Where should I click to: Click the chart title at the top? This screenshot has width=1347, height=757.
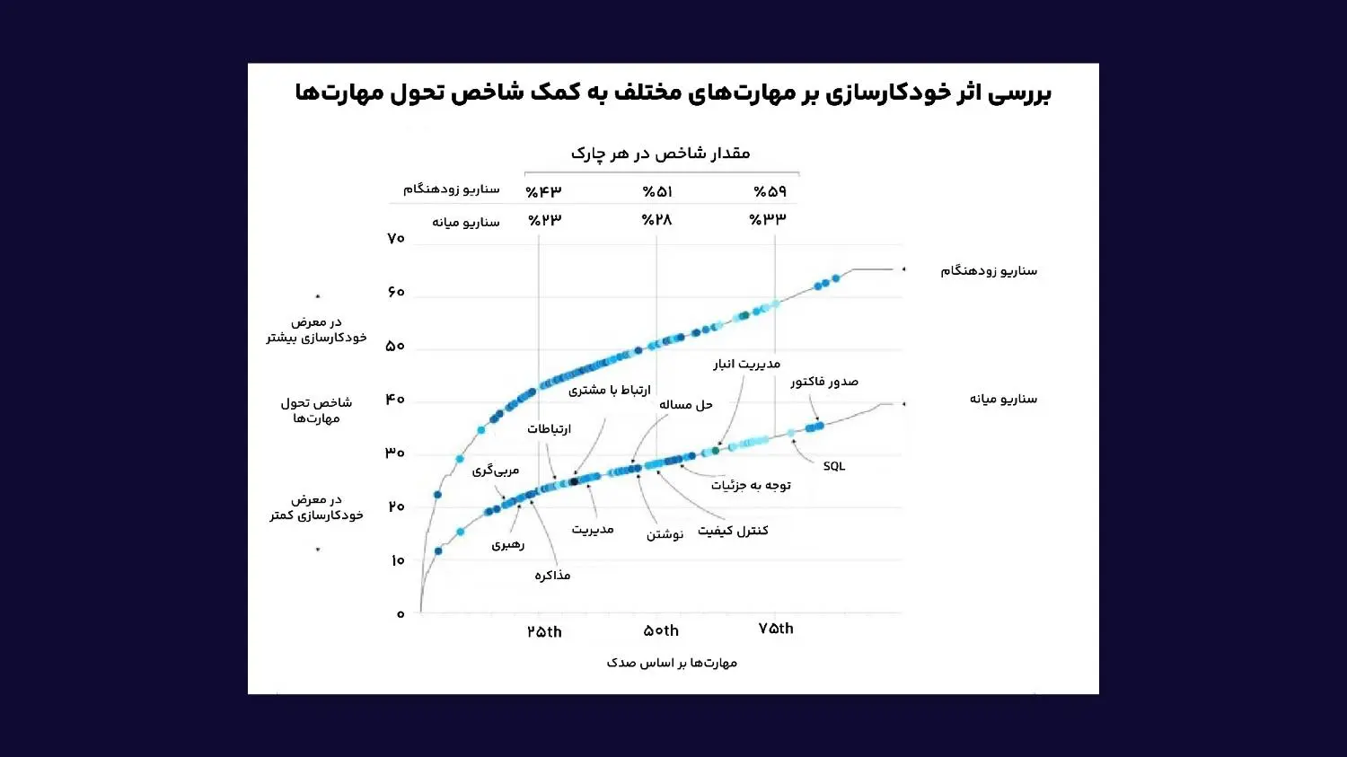coord(673,93)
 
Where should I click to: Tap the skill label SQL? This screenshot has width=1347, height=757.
coord(833,466)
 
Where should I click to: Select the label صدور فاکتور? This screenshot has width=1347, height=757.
coord(823,382)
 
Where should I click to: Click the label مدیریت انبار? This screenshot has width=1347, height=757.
coord(746,364)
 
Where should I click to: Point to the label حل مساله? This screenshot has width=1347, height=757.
coord(685,405)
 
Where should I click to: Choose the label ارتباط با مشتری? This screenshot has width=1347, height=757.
coord(609,390)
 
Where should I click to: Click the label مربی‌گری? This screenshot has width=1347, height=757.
coord(496,470)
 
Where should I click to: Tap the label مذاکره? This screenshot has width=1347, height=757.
coord(552,576)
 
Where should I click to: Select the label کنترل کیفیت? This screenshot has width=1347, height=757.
coord(733,531)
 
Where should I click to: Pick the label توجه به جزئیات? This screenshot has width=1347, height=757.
coord(751,486)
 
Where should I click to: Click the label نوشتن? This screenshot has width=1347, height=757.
coord(665,534)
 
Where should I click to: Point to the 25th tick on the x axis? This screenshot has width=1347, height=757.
coord(544,632)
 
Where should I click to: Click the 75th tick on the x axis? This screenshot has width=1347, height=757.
coord(776,629)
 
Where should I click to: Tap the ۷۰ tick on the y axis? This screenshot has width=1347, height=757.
coord(396,239)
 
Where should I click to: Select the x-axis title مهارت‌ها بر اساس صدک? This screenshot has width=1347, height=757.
coord(672,663)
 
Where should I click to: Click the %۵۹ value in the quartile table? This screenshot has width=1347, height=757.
coord(770,192)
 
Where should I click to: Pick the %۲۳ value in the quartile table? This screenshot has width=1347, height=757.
coord(544,220)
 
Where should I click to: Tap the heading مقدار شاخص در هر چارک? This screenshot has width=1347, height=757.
coord(660,154)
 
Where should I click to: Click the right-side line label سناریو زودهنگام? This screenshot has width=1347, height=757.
coord(989,270)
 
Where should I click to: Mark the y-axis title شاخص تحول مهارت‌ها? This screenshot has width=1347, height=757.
coord(316,410)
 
